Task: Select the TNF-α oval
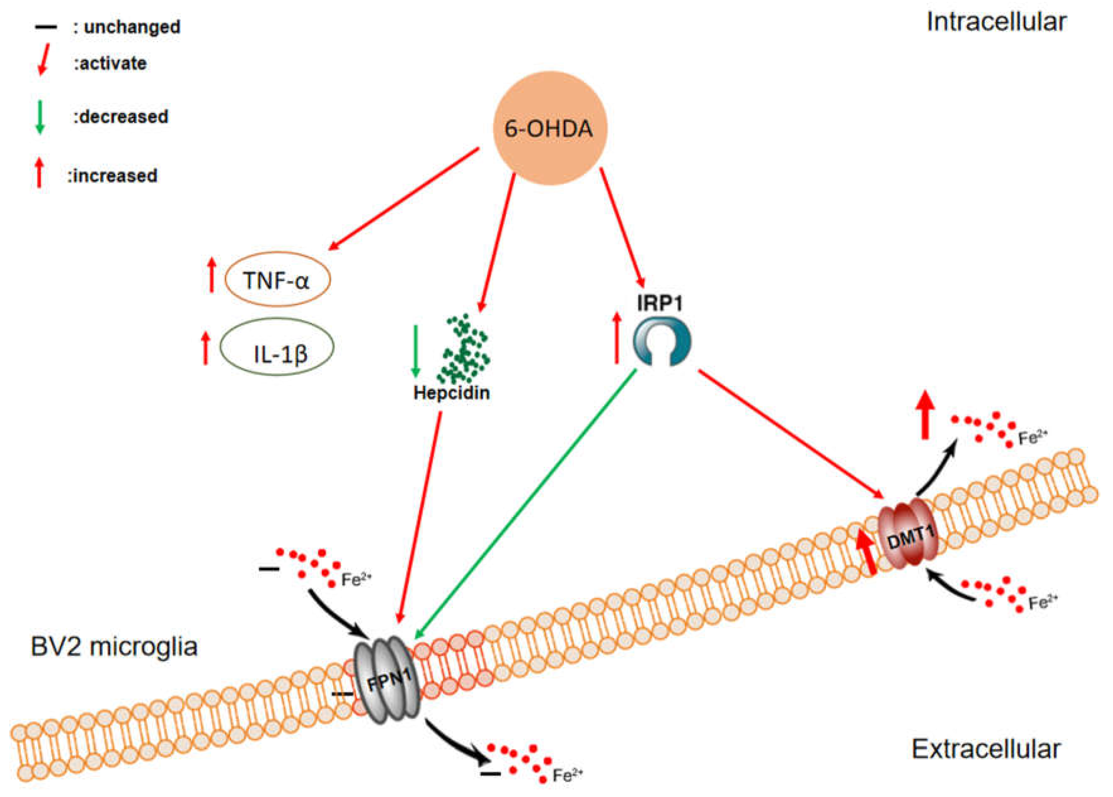[278, 280]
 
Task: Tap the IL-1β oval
[277, 347]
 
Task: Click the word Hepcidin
[451, 393]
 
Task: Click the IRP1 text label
[659, 303]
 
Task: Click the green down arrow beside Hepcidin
[416, 350]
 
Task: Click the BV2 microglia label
[114, 646]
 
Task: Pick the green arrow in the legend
[40, 116]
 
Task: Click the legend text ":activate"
[110, 63]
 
